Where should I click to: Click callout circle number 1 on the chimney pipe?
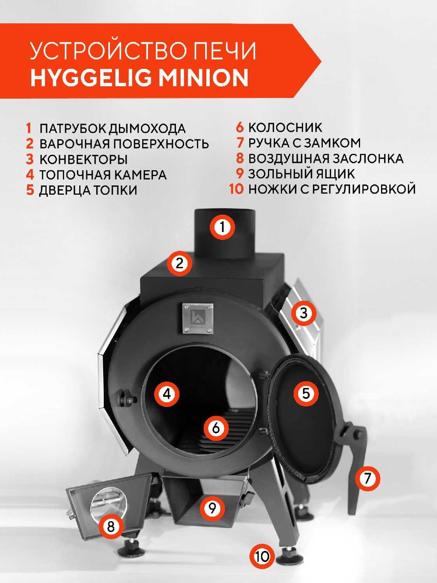pos(222,227)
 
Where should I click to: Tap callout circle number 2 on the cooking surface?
pos(179,264)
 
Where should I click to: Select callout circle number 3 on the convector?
pos(303,313)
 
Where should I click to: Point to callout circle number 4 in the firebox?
pos(167,394)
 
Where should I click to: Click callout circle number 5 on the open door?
pos(306,393)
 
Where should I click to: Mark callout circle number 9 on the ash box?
pos(212,508)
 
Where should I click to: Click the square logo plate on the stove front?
pos(198,318)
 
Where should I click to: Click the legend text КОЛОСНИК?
pos(285,127)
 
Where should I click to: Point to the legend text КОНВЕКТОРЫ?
pos(84,159)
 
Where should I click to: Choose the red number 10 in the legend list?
pos(237,189)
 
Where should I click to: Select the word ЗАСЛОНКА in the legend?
pos(368,159)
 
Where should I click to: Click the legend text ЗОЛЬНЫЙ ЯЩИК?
pos(301,174)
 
